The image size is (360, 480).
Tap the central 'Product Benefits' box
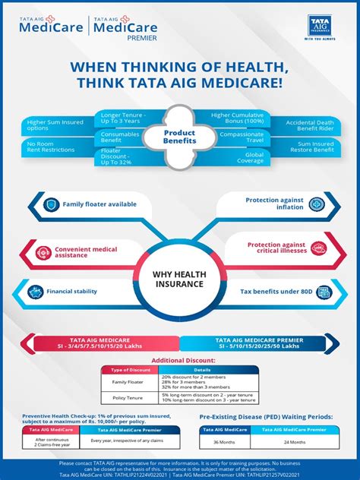point(180,136)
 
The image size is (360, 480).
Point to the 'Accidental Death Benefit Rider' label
point(311,125)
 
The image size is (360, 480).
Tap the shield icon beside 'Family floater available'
point(51,204)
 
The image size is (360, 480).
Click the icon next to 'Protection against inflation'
point(316,204)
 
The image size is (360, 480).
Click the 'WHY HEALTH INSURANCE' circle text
point(180,279)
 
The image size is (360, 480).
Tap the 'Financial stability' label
point(71,291)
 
